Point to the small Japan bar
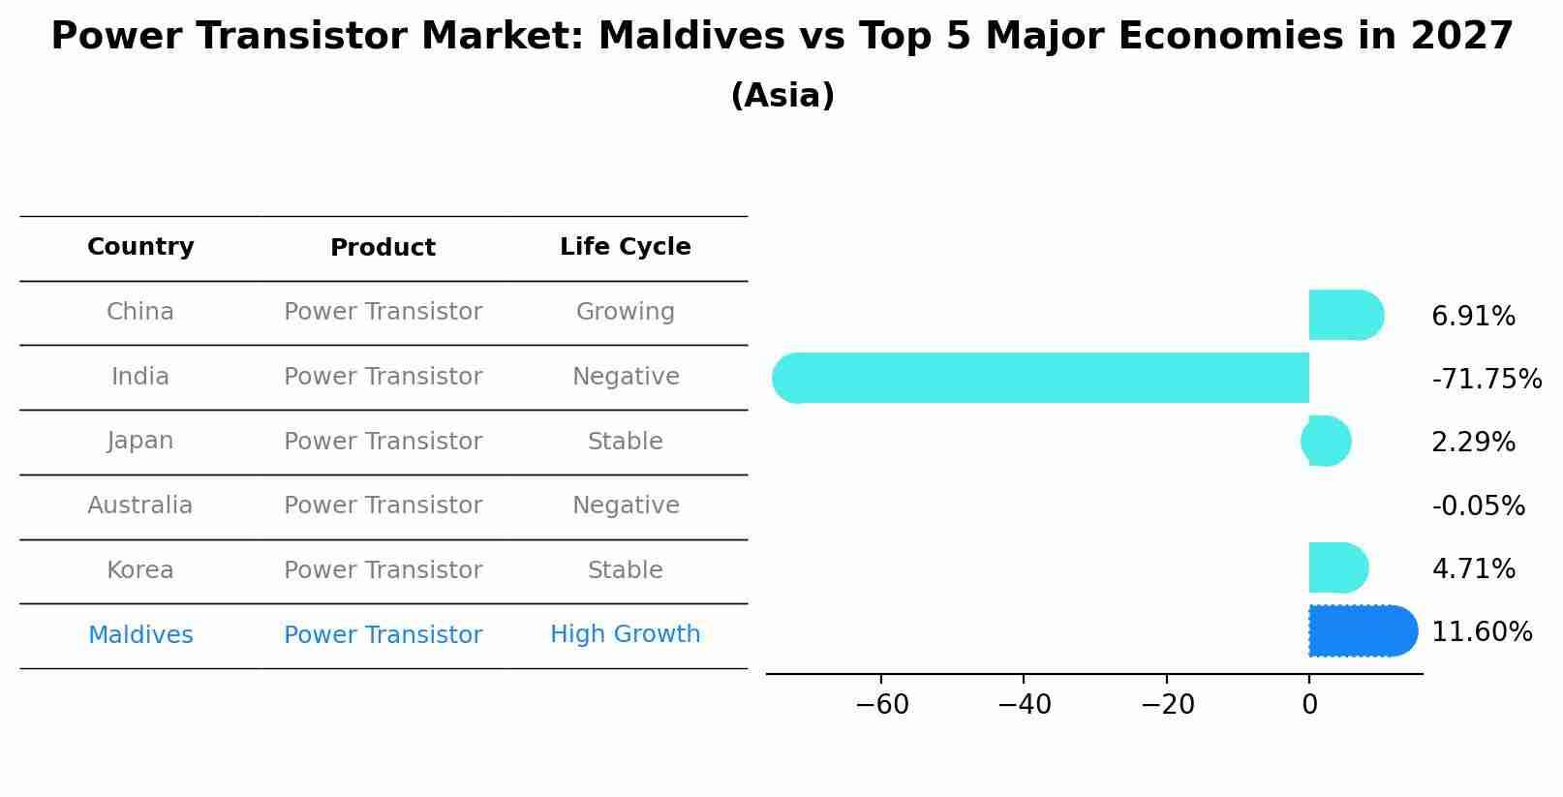pos(1326,442)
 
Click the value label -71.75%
pos(1486,380)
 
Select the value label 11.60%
pos(1481,632)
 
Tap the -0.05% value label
pos(1478,506)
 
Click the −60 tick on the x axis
pos(882,705)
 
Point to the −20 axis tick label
pos(1167,705)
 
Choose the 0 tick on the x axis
pos(1309,705)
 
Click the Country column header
pos(140,247)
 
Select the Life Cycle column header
pos(625,247)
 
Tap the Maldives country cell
pos(140,635)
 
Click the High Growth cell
pos(625,634)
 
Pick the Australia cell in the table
pos(140,506)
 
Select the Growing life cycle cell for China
pos(625,312)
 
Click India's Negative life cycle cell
pos(625,377)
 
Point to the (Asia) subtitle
pos(781,96)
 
